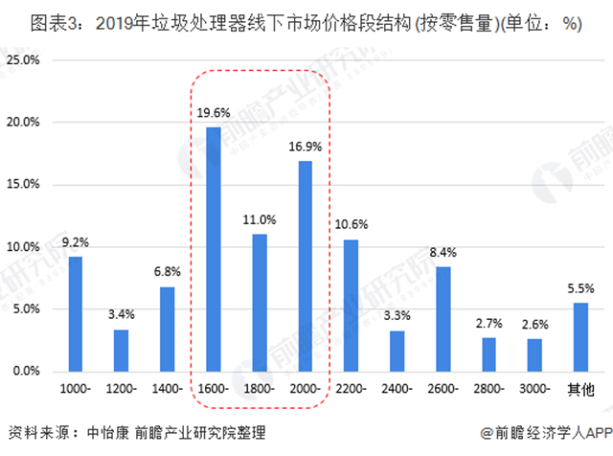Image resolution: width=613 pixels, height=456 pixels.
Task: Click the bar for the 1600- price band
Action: [x=214, y=249]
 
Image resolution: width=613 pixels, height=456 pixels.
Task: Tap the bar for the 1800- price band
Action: [x=259, y=302]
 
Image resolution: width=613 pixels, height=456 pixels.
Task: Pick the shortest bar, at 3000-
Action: [x=534, y=354]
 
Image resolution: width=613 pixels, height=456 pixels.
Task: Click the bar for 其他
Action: [x=579, y=336]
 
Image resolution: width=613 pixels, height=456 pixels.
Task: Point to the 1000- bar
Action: [x=76, y=313]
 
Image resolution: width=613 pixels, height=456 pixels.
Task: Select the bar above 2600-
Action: [x=443, y=318]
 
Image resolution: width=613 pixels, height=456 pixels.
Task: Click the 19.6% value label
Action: [x=214, y=112]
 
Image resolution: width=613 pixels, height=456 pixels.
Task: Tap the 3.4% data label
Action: [x=122, y=314]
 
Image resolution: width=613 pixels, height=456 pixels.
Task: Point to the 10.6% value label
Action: [x=351, y=224]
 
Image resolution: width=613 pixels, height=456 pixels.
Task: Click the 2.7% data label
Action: [x=488, y=323]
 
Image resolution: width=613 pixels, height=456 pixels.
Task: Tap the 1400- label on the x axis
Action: [x=168, y=390]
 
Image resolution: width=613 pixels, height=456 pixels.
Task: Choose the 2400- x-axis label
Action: [x=397, y=390]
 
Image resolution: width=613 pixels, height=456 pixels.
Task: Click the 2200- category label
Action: [x=351, y=390]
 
